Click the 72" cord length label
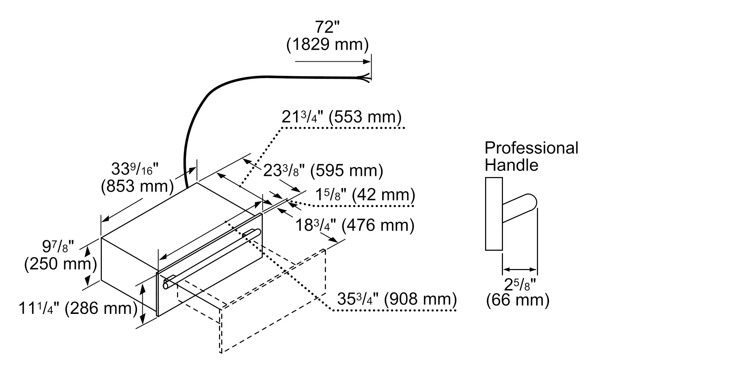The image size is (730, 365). click(327, 27)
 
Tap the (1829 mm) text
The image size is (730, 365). click(327, 45)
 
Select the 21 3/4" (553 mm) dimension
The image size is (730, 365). click(341, 117)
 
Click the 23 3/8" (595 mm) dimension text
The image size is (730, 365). click(323, 170)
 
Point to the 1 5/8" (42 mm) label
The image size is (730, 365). click(365, 195)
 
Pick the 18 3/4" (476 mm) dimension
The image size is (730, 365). click(354, 225)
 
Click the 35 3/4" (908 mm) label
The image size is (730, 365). click(397, 299)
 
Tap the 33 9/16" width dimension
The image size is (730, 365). click(135, 169)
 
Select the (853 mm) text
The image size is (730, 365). click(137, 187)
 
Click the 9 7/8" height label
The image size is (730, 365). click(58, 247)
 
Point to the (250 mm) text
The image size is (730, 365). click(61, 264)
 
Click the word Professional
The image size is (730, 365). click(531, 148)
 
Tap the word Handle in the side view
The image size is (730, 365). click(511, 165)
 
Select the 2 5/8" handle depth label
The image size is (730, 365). click(519, 284)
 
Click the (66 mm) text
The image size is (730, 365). click(518, 300)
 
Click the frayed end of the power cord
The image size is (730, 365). click(366, 78)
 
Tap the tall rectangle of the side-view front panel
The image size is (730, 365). click(494, 214)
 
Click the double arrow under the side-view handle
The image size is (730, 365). click(520, 270)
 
